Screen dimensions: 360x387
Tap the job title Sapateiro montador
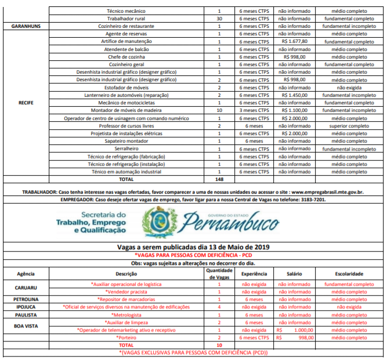click(126, 141)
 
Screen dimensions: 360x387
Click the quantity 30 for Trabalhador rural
click(219, 19)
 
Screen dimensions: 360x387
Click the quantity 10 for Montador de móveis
click(219, 110)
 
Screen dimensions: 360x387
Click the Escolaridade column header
click(349, 274)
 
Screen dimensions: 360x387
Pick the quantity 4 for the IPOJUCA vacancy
click(219, 307)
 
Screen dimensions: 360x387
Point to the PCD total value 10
click(219, 345)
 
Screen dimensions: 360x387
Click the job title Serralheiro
click(126, 148)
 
